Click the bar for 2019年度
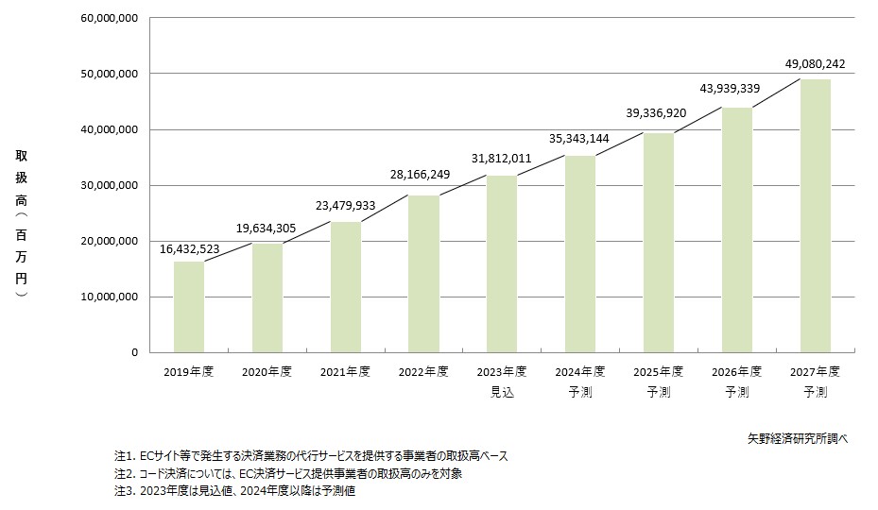(x=189, y=307)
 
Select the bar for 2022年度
(x=424, y=274)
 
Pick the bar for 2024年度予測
(x=581, y=254)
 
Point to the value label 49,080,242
(x=815, y=64)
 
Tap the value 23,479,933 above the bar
(x=347, y=204)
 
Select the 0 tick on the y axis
(x=134, y=352)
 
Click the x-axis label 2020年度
(x=267, y=372)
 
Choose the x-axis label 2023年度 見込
(x=503, y=382)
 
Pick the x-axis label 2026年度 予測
(x=737, y=382)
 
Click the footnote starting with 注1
(x=311, y=456)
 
